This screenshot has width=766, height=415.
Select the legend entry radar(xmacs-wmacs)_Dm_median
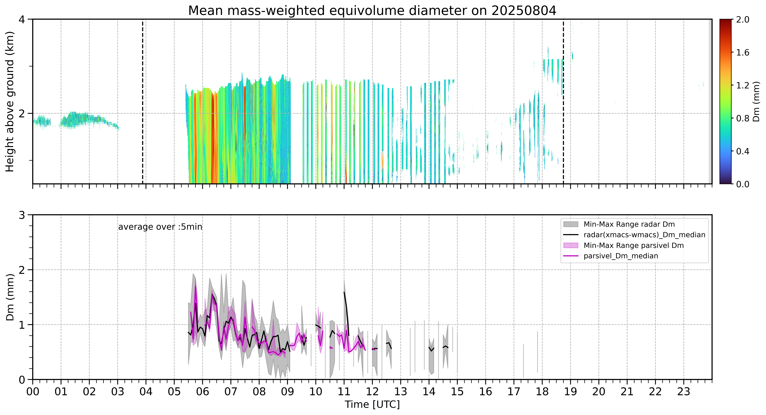644,235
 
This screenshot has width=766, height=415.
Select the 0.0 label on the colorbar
743,184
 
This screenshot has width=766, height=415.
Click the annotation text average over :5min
160,227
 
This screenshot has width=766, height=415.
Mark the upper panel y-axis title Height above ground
10,101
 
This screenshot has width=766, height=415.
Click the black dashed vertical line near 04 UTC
143,101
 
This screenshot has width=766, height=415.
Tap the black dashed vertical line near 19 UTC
563,101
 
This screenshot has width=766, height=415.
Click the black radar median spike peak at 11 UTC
344,292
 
